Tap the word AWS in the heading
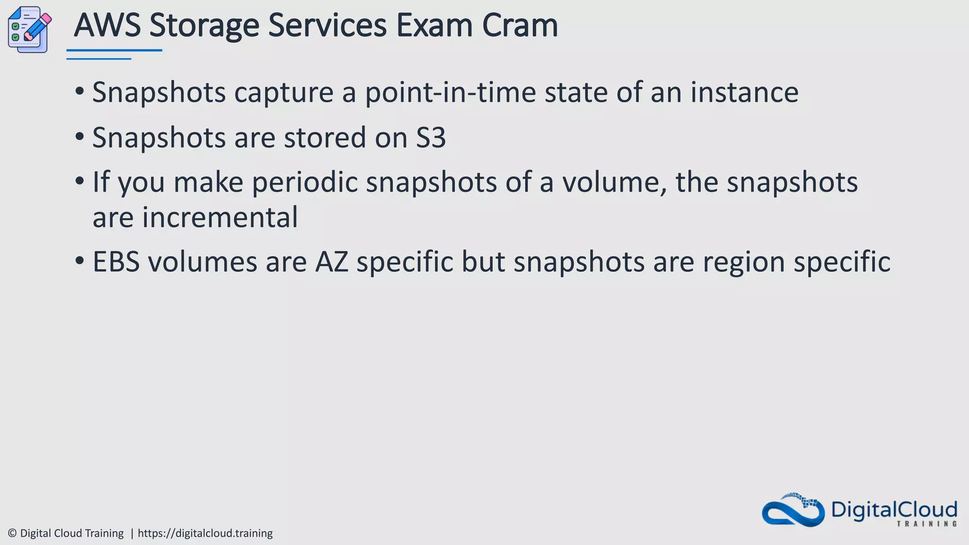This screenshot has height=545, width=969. click(x=107, y=26)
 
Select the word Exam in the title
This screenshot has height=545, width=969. click(x=434, y=26)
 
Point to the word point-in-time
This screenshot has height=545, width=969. click(x=450, y=93)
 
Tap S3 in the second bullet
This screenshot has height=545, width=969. click(x=431, y=138)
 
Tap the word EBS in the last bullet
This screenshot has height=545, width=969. click(x=116, y=262)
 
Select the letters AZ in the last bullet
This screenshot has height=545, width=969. click(x=332, y=262)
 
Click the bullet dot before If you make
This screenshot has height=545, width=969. click(x=79, y=181)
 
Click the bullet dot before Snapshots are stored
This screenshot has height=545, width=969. click(x=79, y=137)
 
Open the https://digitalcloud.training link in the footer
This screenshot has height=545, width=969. click(x=205, y=533)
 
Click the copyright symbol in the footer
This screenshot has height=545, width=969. click(x=12, y=533)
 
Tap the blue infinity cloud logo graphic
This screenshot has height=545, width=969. click(x=793, y=510)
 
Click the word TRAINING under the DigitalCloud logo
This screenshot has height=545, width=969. click(x=927, y=524)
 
